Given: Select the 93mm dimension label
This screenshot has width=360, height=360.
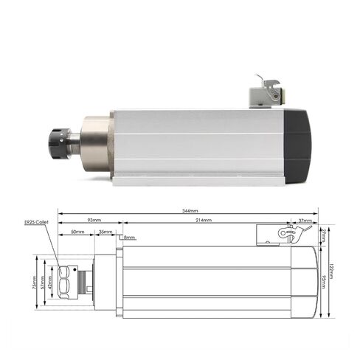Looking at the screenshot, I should [x=94, y=220].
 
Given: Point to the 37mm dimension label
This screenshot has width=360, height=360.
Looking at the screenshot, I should [x=303, y=220].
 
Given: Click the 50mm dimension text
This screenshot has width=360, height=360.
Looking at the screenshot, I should [x=77, y=231].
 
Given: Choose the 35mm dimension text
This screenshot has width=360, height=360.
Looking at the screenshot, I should [x=107, y=231].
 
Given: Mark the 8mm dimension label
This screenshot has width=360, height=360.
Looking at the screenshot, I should [x=130, y=238].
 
